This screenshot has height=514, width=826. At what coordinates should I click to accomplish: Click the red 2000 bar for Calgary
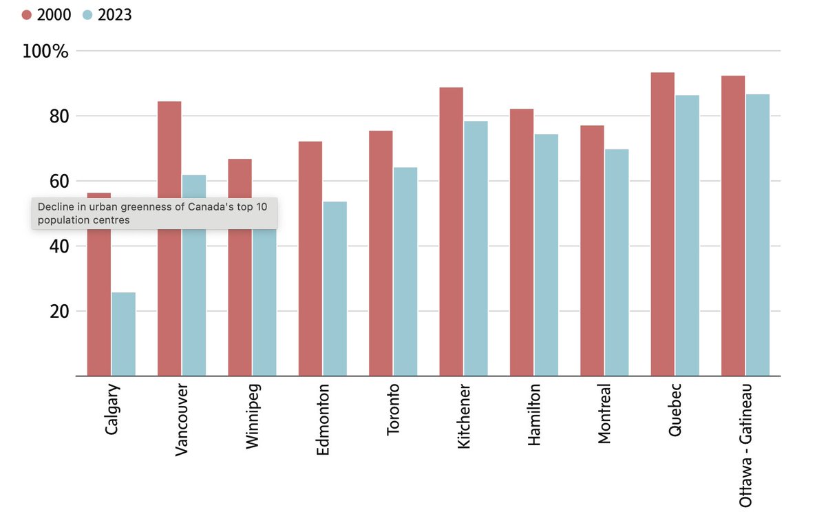98,303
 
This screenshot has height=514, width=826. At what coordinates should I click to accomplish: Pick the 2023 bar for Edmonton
335,288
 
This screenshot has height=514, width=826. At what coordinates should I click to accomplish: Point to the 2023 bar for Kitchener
476,248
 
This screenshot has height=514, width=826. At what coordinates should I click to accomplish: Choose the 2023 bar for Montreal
616,262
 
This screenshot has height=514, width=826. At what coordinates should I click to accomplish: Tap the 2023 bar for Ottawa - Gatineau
757,235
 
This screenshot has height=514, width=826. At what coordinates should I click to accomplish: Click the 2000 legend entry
46,14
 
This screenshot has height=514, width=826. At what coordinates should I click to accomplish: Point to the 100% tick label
45,52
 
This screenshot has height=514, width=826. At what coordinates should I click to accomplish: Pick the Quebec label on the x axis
675,409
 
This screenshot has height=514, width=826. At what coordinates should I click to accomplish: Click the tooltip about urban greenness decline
154,213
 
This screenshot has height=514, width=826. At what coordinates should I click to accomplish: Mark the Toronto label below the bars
394,410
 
